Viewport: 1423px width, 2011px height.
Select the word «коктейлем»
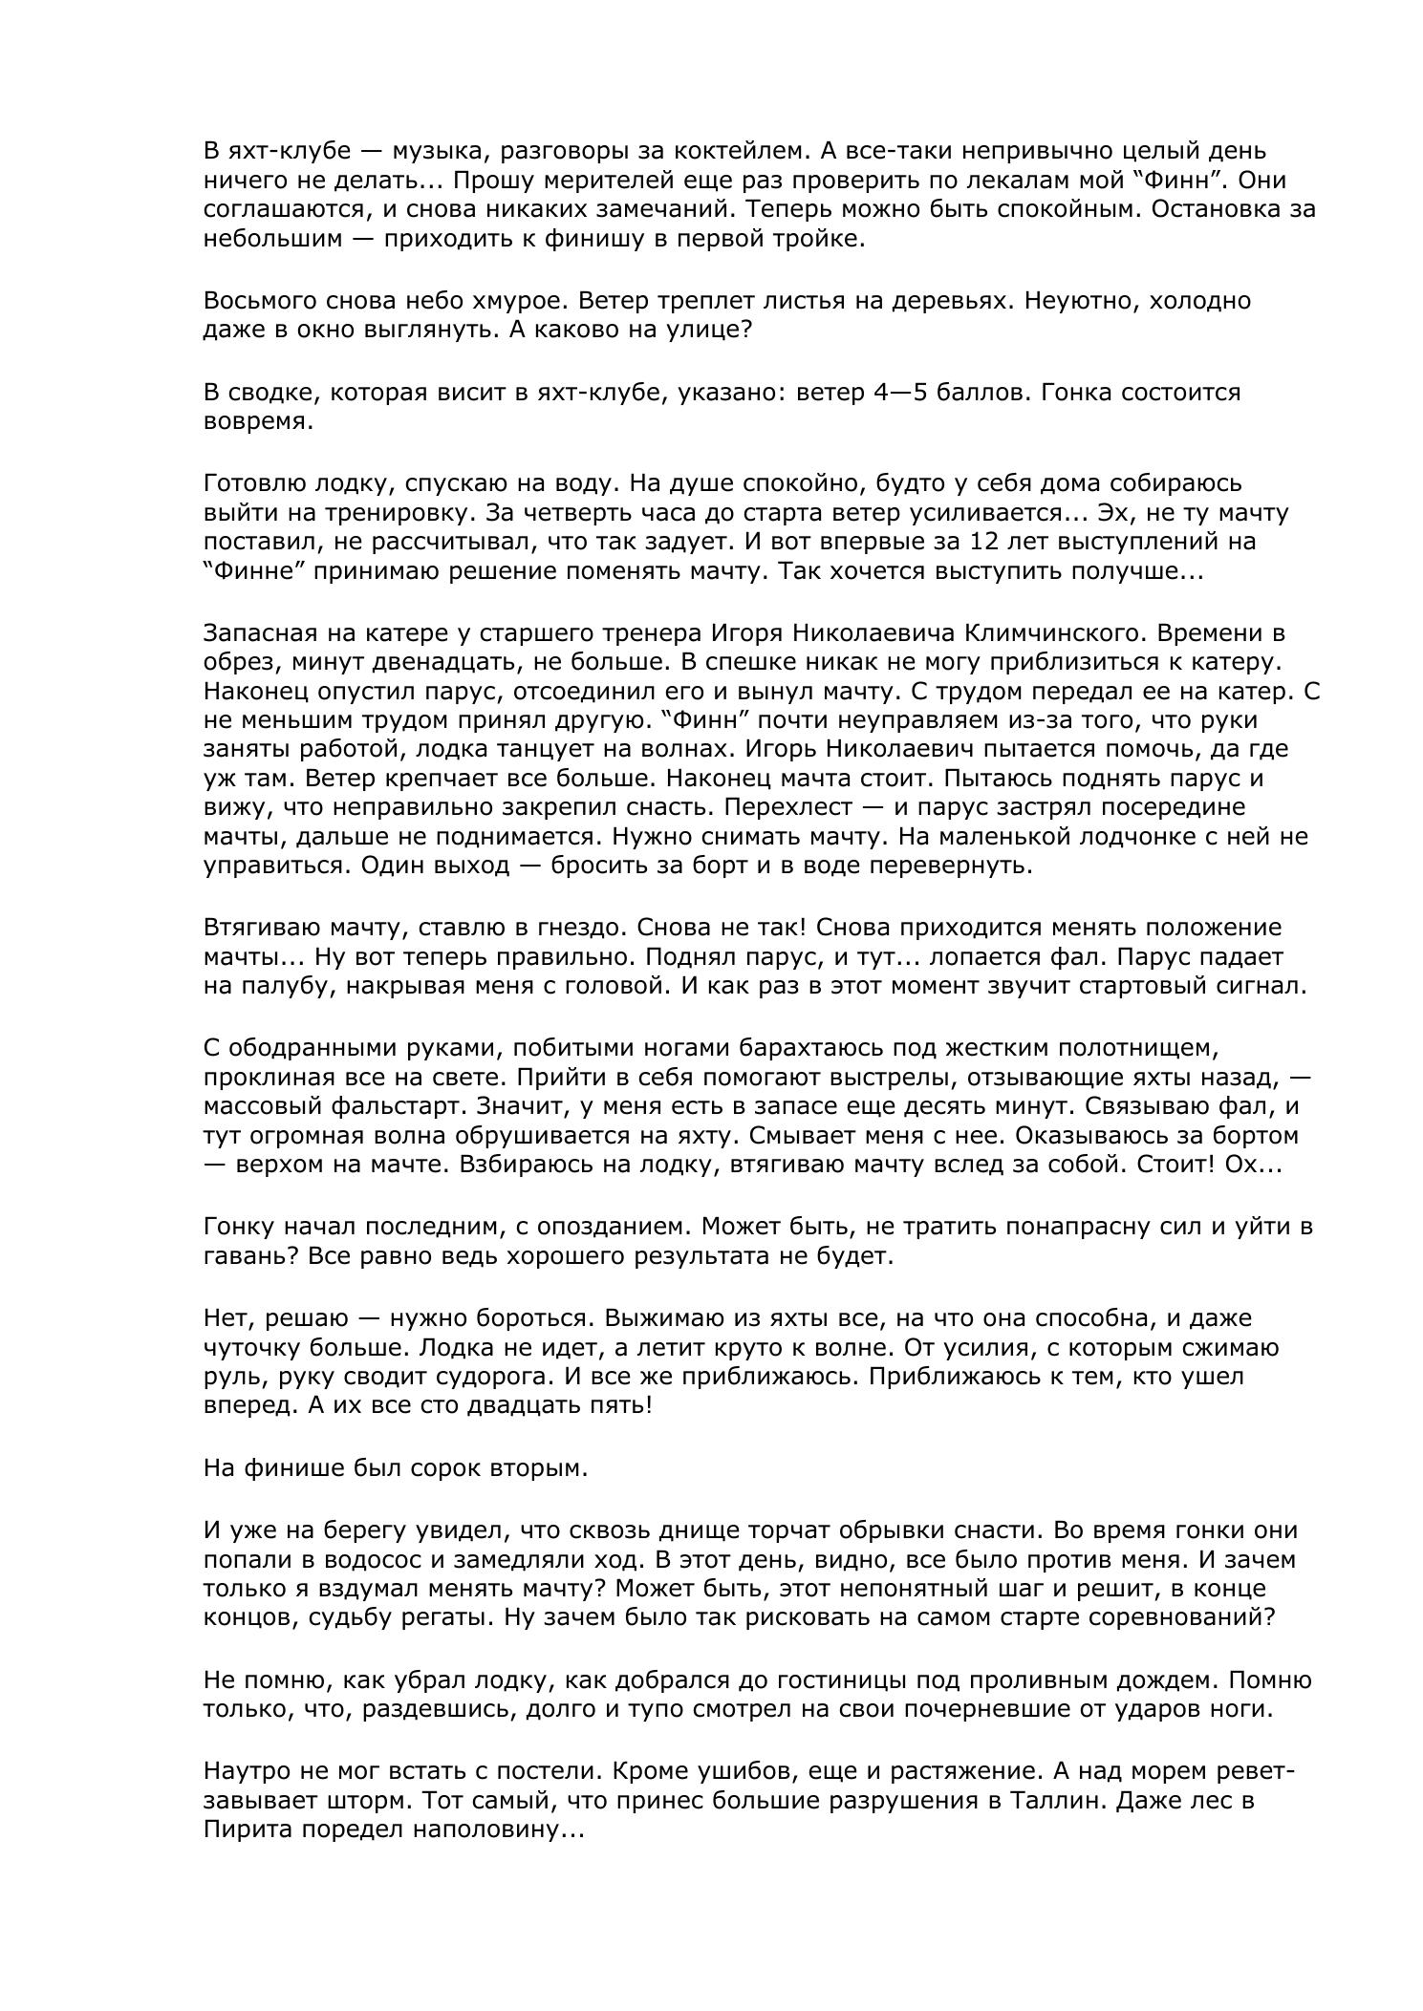tap(723, 151)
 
